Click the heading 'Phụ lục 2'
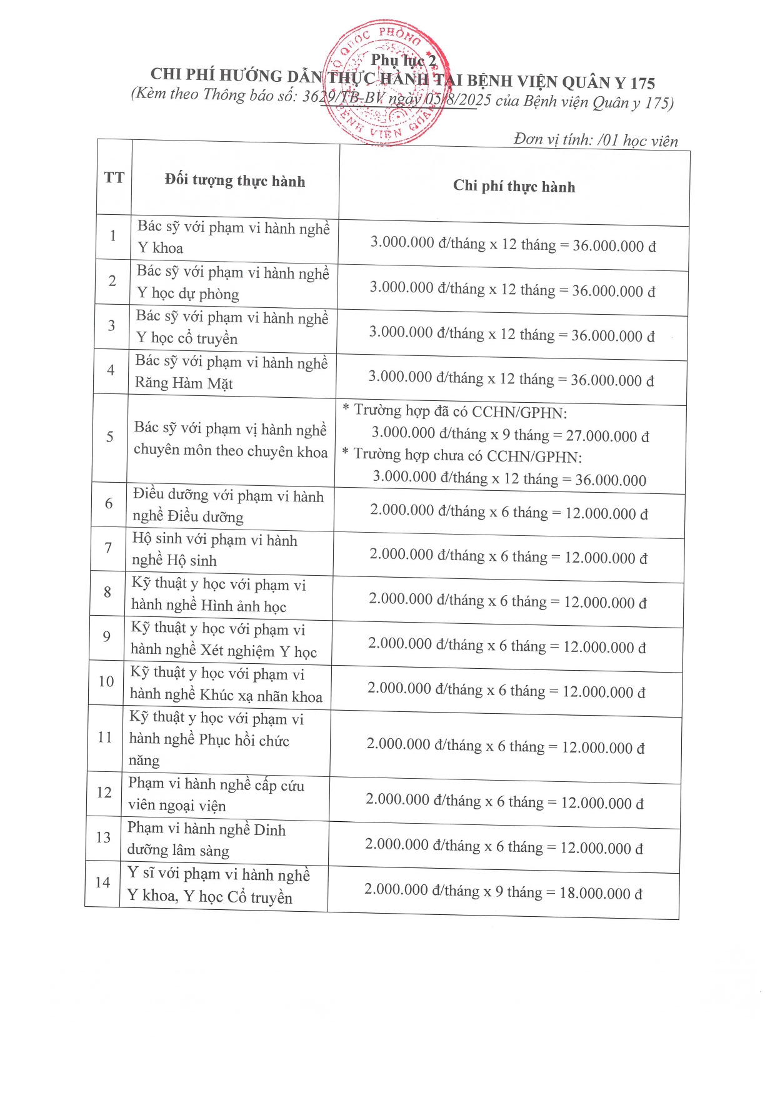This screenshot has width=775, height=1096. (x=403, y=61)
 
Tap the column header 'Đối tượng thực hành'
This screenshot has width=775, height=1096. (x=235, y=181)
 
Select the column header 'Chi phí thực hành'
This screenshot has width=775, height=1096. (x=514, y=186)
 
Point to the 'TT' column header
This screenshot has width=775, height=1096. (x=114, y=178)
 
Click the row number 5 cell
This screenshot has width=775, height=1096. (x=110, y=437)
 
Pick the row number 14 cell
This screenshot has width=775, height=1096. (x=102, y=882)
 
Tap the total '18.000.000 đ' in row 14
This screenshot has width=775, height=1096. (x=601, y=893)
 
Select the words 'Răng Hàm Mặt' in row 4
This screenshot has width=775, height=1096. (x=184, y=383)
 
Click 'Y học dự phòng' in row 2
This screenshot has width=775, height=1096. (x=187, y=294)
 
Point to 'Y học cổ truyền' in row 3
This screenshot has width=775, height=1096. (x=187, y=338)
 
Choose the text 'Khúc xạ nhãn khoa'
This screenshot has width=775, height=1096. (x=261, y=696)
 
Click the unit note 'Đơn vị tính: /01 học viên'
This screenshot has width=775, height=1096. (x=595, y=140)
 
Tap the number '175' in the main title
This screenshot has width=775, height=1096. (x=642, y=83)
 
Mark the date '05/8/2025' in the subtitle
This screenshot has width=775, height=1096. (x=457, y=101)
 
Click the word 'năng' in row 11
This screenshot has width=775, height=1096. (x=144, y=761)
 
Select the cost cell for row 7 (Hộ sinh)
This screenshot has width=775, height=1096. (x=508, y=556)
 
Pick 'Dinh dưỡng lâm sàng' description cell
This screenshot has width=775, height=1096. (x=206, y=840)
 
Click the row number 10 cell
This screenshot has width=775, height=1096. (x=106, y=681)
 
